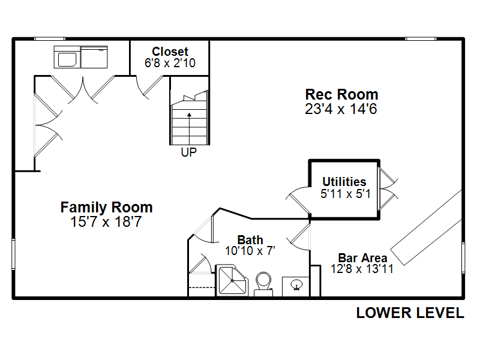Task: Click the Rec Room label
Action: [x=341, y=95]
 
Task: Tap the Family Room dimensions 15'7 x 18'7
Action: [x=106, y=221]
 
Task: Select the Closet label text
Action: [x=170, y=52]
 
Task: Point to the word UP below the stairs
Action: [x=188, y=152]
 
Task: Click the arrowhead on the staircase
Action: [x=189, y=115]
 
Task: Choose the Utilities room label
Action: [x=344, y=182]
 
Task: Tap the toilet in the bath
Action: [x=263, y=284]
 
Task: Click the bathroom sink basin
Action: [x=296, y=285]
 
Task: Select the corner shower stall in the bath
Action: [x=232, y=280]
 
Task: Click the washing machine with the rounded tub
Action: [x=67, y=57]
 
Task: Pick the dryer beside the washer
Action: [x=94, y=57]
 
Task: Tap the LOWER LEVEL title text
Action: [x=410, y=313]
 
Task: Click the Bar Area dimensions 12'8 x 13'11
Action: [x=362, y=269]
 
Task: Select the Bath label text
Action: [x=250, y=239]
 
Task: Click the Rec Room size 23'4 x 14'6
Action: [x=341, y=109]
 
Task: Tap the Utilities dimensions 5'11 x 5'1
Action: [x=346, y=194]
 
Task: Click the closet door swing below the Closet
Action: [x=149, y=87]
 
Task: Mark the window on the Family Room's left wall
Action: [x=13, y=254]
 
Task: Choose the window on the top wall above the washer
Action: [x=50, y=39]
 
